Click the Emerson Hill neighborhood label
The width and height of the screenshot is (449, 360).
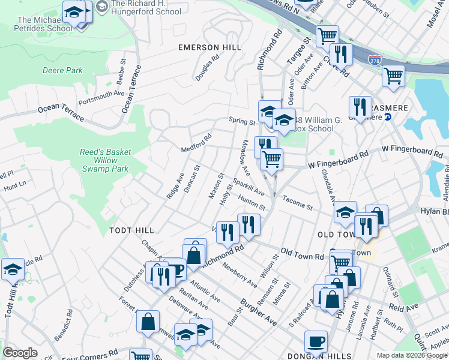pos(210,47)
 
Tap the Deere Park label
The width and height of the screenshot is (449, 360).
pos(62,70)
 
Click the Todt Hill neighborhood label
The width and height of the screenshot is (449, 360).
pos(131,230)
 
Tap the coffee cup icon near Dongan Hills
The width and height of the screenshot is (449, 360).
pos(316,342)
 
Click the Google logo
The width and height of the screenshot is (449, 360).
pos(20,353)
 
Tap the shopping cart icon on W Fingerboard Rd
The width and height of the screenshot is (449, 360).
pos(272,159)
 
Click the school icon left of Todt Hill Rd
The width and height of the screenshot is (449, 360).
pos(13,269)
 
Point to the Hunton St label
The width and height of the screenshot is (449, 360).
pos(252,204)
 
